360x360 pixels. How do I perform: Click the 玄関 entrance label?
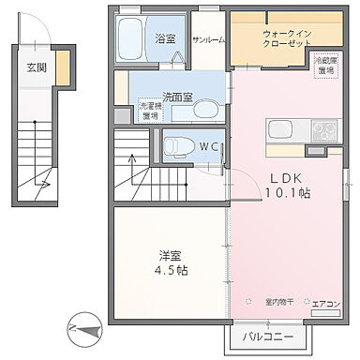coord(37,67)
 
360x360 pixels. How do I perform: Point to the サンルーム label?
coord(208,40)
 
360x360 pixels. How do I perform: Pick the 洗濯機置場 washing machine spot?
coord(149,111)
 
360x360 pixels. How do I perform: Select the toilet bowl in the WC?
coord(176,145)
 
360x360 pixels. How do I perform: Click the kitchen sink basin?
coord(282,129)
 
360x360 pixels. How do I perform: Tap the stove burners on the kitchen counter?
coord(324,129)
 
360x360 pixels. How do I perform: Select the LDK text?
coord(286,177)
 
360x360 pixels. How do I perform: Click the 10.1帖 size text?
coord(286,192)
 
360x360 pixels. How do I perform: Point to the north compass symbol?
coord(82,330)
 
